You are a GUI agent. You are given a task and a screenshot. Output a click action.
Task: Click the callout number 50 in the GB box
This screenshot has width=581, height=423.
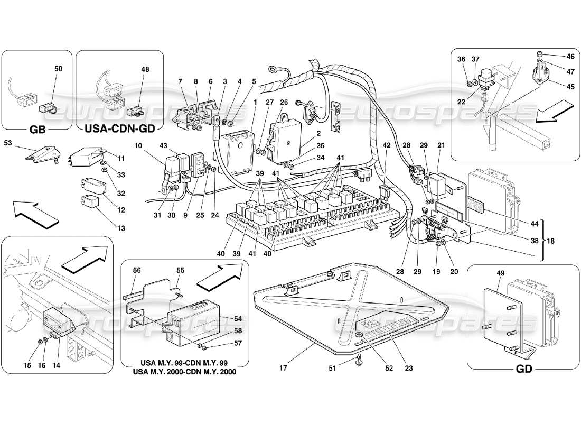pyautogui.click(x=58, y=69)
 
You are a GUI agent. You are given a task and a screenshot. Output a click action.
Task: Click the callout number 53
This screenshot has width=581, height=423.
pyautogui.click(x=8, y=143)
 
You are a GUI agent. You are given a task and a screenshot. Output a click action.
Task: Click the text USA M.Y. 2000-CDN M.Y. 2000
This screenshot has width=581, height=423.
pyautogui.click(x=181, y=372)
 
